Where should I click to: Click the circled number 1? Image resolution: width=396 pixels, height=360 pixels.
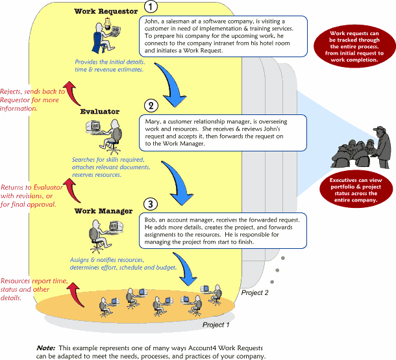151,7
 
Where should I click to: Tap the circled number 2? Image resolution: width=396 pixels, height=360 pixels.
151,105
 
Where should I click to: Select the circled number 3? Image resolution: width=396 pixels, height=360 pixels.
151,204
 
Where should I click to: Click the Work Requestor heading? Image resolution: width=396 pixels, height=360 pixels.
106,12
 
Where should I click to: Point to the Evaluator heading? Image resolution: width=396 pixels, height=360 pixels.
100,112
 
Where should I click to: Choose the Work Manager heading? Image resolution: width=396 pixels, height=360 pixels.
103,211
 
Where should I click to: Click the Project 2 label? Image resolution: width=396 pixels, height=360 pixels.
255,293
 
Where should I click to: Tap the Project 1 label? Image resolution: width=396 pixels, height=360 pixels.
216,325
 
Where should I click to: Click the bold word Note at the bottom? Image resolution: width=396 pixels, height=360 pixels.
45,348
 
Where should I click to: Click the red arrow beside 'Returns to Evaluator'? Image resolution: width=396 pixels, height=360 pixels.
72,190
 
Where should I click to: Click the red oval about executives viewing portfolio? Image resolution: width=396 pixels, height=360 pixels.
356,190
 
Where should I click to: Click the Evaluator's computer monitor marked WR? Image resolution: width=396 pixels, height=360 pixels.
93,125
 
